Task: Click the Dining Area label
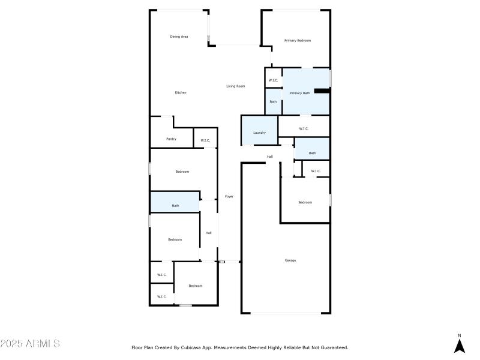pyautogui.click(x=179, y=37)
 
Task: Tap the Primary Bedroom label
pyautogui.click(x=298, y=40)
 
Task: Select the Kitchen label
pyautogui.click(x=181, y=92)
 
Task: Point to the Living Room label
pyautogui.click(x=235, y=86)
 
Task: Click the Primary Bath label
pyautogui.click(x=300, y=93)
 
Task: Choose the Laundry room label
pyautogui.click(x=259, y=133)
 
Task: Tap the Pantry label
pyautogui.click(x=171, y=139)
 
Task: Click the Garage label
pyautogui.click(x=290, y=260)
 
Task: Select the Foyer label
pyautogui.click(x=229, y=197)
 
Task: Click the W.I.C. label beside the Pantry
pyautogui.click(x=205, y=141)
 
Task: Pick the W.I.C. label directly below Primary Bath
pyautogui.click(x=303, y=128)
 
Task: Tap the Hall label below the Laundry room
pyautogui.click(x=270, y=157)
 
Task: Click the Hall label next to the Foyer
pyautogui.click(x=208, y=233)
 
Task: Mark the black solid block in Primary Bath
pyautogui.click(x=322, y=91)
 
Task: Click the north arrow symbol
pyautogui.click(x=459, y=346)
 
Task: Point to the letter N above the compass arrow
pyautogui.click(x=459, y=335)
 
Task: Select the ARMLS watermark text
pyautogui.click(x=30, y=344)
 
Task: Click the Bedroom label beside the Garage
pyautogui.click(x=305, y=202)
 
